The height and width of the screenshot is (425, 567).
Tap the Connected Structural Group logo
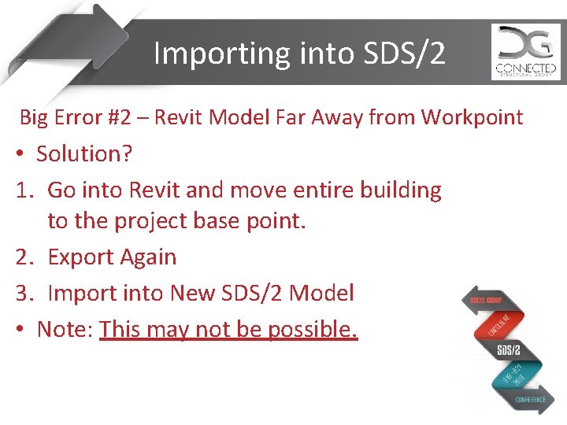click(x=526, y=52)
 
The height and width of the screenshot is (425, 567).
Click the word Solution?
click(x=84, y=154)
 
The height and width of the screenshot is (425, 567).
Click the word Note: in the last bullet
click(x=65, y=329)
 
